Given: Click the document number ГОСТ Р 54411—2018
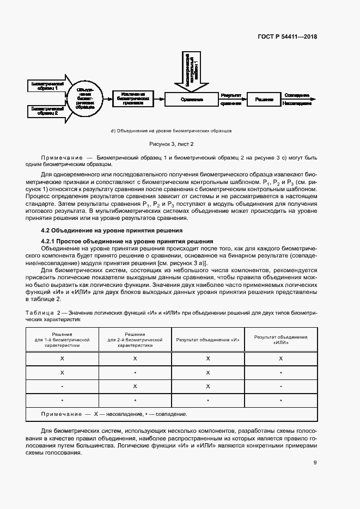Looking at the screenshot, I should [x=287, y=37].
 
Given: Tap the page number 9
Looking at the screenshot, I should [x=315, y=463].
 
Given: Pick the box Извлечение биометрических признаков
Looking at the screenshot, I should [x=132, y=99].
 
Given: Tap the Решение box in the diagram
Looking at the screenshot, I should [x=264, y=100].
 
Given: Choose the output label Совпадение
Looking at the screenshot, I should [x=297, y=95].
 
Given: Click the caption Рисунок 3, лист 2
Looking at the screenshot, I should [x=172, y=144].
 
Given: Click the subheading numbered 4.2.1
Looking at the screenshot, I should [x=127, y=241].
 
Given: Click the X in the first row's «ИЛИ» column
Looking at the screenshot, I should [x=280, y=358].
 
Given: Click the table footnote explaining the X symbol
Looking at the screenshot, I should [x=114, y=414].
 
